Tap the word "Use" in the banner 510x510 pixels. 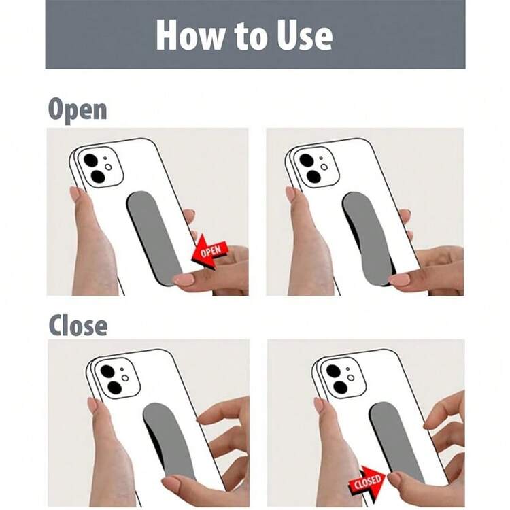305,35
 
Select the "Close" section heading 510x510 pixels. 78,325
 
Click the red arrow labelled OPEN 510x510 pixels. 210,252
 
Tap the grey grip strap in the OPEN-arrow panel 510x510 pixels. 154,238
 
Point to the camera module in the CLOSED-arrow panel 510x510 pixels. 342,377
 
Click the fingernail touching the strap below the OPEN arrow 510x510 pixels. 184,279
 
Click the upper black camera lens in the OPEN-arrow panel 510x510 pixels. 90,160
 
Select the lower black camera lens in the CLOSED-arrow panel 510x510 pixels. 340,388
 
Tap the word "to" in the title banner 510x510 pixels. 252,37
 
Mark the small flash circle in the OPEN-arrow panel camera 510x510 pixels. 108,167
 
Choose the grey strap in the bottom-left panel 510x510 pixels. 170,445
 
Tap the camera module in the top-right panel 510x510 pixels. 315,167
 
